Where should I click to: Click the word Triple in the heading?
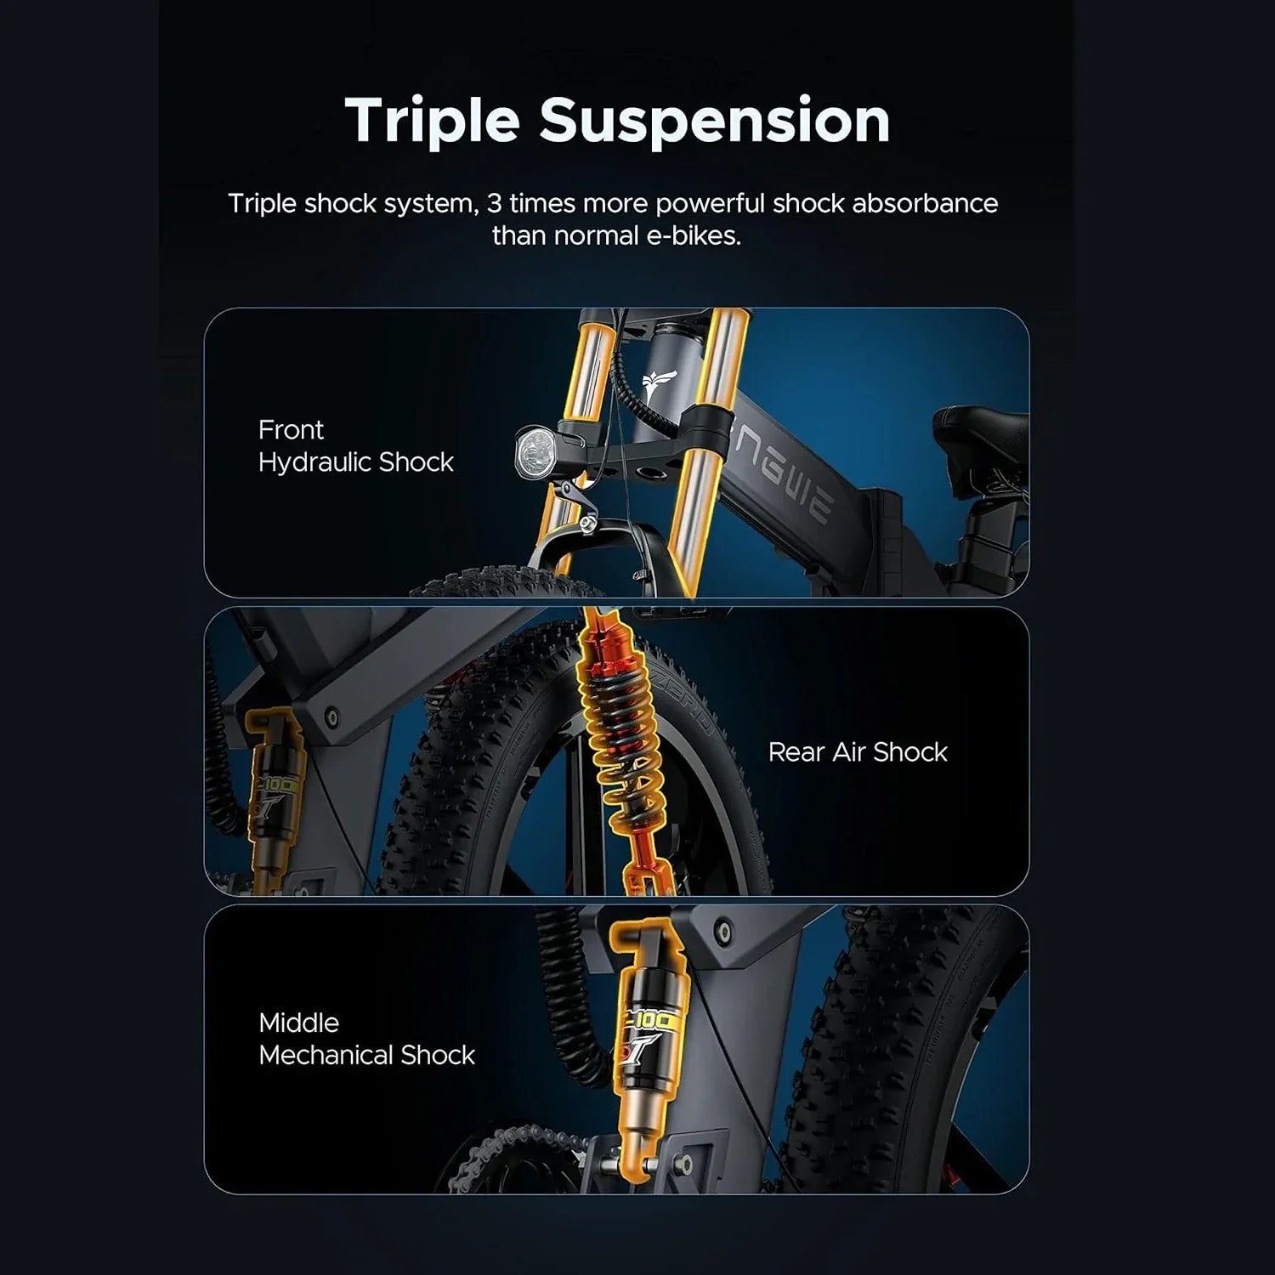click(432, 121)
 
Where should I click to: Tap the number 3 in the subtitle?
click(494, 204)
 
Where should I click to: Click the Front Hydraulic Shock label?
click(355, 446)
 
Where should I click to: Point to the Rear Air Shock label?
click(857, 752)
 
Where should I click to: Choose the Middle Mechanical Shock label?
click(366, 1039)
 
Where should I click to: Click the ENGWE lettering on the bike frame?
click(782, 476)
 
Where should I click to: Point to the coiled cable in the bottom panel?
click(569, 986)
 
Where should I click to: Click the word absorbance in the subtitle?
click(924, 204)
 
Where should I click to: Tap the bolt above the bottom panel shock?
click(723, 931)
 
